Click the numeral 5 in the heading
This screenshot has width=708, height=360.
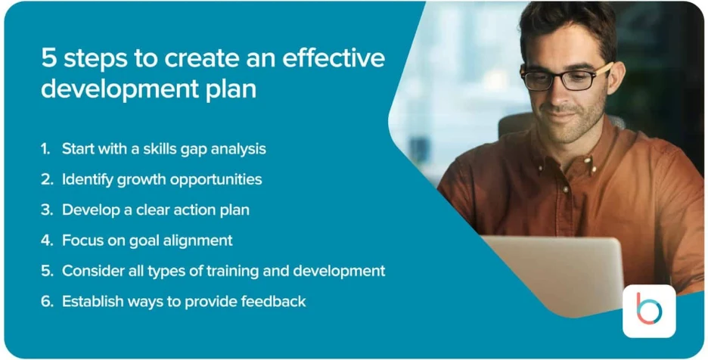[48, 59]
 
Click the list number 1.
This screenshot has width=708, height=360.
[45, 149]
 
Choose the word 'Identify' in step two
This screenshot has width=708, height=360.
[88, 180]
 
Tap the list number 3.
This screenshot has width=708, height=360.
[46, 210]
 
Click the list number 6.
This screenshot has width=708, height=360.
[47, 301]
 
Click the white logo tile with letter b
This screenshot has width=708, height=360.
[649, 311]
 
